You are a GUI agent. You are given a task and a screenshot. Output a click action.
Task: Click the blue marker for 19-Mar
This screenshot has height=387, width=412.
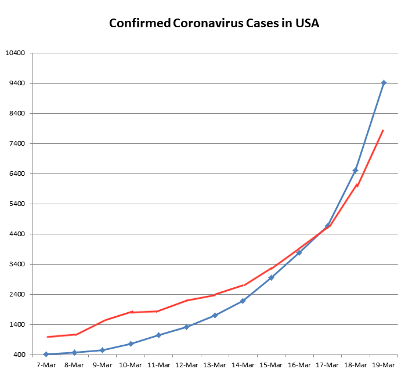(384, 83)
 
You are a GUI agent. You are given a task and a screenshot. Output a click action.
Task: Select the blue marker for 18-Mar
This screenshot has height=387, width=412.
(355, 170)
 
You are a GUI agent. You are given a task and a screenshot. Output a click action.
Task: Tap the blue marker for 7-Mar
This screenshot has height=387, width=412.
(46, 354)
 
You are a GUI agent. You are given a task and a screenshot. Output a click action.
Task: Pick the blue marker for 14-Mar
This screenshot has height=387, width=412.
(243, 301)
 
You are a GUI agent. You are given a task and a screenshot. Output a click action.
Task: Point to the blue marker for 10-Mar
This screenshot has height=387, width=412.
(131, 343)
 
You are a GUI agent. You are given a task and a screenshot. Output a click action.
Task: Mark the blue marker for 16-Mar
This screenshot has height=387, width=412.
(299, 252)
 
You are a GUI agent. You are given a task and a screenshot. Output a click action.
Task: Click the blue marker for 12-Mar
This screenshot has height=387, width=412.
(187, 327)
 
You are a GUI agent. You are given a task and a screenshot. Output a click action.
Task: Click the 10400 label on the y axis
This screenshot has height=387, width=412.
(16, 53)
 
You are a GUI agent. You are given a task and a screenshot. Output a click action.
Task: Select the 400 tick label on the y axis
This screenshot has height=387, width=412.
(19, 355)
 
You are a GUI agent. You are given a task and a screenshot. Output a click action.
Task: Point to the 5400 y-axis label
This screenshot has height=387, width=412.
(17, 204)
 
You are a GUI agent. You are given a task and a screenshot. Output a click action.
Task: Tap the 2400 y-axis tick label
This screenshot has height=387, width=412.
(17, 295)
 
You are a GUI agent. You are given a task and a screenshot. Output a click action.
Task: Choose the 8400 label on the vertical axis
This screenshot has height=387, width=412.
(17, 114)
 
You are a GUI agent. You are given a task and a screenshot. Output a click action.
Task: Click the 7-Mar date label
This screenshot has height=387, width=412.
(46, 365)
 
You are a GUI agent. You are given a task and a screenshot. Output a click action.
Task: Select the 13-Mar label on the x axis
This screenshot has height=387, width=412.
(215, 365)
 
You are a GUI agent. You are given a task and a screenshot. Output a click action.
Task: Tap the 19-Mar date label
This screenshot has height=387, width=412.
(384, 365)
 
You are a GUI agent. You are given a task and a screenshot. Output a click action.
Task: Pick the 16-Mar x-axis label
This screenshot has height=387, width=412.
(299, 365)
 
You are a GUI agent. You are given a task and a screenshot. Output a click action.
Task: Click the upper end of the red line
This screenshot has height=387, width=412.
(384, 130)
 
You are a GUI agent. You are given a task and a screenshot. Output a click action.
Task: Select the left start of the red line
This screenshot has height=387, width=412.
(47, 337)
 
